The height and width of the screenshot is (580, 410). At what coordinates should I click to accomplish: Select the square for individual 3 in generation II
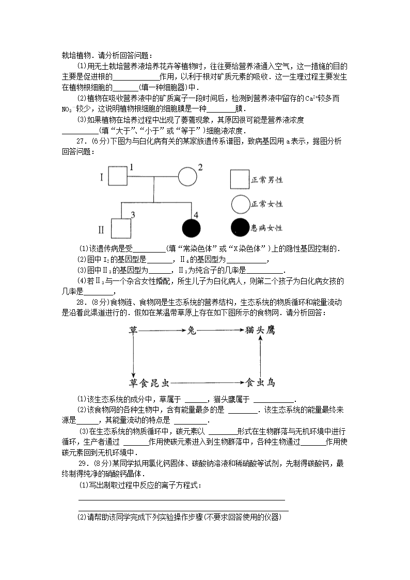tap(121, 228)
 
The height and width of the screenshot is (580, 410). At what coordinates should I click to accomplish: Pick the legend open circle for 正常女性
tap(240, 205)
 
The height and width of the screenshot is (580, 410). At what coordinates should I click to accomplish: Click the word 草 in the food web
tap(133, 330)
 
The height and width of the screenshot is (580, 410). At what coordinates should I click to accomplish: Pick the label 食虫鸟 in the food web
tap(260, 383)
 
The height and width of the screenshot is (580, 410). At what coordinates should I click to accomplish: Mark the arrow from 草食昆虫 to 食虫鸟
tap(207, 383)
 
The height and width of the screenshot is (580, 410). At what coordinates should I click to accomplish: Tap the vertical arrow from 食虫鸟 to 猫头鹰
tap(261, 356)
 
